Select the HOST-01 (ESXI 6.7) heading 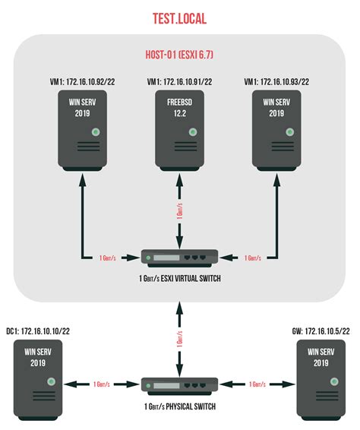click(x=179, y=55)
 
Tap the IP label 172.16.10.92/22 click(x=83, y=81)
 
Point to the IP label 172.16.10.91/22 click(x=179, y=81)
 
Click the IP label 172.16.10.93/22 click(x=277, y=81)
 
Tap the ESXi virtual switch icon click(x=179, y=258)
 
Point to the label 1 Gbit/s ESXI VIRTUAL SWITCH click(x=179, y=280)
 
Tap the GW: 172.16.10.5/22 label click(x=321, y=333)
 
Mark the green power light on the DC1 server click(x=52, y=381)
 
